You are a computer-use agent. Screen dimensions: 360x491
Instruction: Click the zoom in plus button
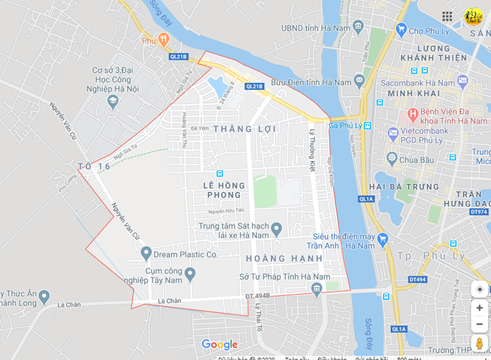point(479,307)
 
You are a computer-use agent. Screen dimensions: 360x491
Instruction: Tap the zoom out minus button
point(479,324)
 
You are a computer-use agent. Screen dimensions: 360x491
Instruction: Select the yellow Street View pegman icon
point(479,344)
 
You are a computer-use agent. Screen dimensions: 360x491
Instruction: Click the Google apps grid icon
point(447,16)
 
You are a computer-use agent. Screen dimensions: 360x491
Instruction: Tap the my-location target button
point(479,289)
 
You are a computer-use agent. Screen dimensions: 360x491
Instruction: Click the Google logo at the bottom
point(219,345)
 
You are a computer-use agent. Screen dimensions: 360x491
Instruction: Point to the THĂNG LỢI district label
point(245,128)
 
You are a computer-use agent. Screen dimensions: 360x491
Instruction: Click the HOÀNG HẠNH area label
point(284,258)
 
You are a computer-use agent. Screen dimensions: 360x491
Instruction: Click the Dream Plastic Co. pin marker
point(146,253)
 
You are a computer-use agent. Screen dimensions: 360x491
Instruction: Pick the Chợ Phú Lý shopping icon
point(401,29)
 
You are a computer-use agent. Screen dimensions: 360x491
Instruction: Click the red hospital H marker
point(413,113)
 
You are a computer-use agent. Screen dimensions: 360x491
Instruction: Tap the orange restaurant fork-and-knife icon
point(163,39)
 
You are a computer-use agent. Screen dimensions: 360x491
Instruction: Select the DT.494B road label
point(258,296)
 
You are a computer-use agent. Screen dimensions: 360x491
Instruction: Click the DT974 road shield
point(478,212)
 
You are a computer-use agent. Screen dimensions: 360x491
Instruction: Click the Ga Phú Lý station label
point(345,125)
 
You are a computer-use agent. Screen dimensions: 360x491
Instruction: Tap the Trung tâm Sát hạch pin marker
point(276,229)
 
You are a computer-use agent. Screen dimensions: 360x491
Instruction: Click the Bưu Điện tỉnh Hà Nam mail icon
point(359,80)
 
